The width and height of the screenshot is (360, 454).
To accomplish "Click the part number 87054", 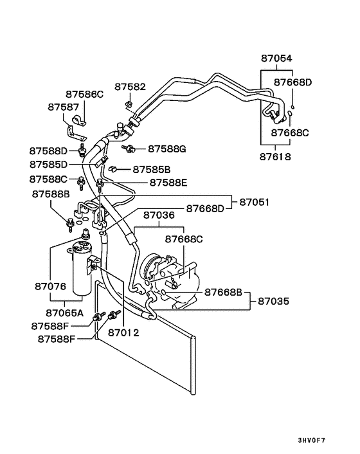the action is coord(276,59).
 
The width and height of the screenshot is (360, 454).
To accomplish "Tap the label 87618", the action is coord(275,157).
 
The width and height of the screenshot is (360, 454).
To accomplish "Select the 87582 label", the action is coord(130,87).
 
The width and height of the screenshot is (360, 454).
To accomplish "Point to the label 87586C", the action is coord(84,94).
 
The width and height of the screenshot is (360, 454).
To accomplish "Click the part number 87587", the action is coord(64,107).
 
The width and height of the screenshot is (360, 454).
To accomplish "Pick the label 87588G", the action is coord(167,149).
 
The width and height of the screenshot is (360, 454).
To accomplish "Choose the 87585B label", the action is coord(152,169).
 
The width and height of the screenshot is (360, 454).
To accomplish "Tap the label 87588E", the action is coord(168,183).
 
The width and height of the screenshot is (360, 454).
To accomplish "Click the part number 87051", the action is coord(255,202).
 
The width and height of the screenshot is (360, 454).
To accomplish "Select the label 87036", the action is coord(159,215).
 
